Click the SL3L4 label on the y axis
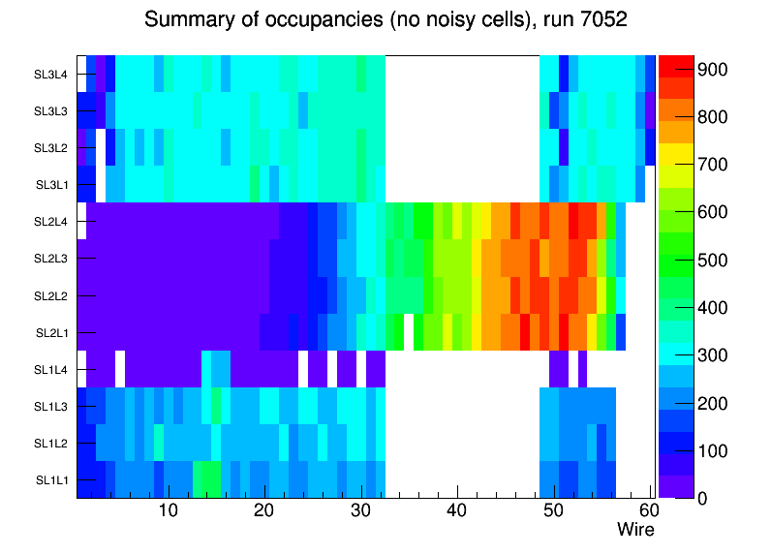51,74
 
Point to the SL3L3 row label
51,111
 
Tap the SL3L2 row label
51,148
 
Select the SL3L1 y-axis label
52,185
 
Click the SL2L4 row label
51,222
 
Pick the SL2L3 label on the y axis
51,259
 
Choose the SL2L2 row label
51,295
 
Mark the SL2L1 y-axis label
52,332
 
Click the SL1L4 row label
51,369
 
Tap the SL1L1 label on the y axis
52,479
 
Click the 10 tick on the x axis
168,510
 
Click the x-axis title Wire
635,530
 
